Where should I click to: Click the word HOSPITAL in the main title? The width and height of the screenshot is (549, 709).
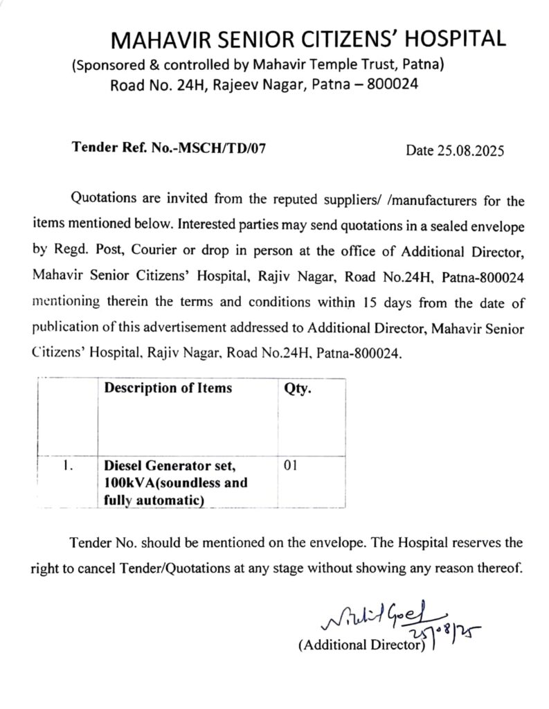(449, 40)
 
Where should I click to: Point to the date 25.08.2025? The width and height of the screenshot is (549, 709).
(469, 150)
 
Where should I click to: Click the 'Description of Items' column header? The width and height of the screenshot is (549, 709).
(168, 388)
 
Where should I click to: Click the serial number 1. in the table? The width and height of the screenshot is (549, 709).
(66, 466)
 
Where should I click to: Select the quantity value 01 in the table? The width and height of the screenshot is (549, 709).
(291, 466)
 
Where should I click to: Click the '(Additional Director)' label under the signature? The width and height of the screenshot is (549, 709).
(361, 645)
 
